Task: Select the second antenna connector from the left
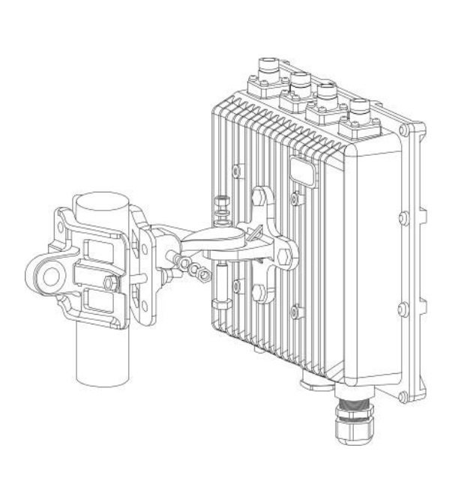click(x=301, y=83)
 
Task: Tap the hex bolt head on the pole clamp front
click(x=109, y=282)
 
